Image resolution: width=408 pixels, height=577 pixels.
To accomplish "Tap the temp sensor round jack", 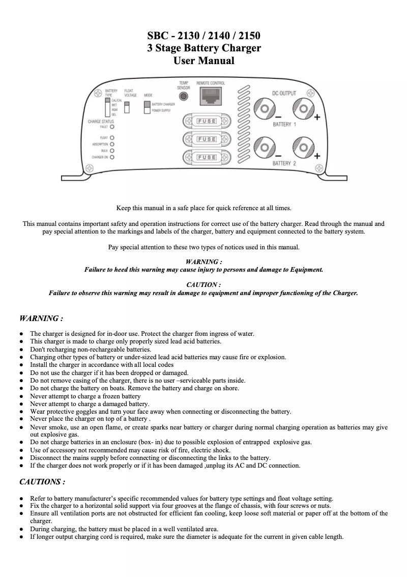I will [184, 96].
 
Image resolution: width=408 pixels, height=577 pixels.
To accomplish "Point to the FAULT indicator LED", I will [111, 127].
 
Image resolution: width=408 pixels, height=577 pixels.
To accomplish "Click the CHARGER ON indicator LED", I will [111, 157].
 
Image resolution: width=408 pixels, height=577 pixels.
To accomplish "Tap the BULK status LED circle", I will [111, 151].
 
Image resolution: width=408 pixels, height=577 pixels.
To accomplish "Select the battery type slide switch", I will [107, 108].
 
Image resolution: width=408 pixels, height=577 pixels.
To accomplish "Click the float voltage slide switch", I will [127, 107].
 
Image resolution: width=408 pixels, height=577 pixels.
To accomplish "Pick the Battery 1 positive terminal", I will [303, 108].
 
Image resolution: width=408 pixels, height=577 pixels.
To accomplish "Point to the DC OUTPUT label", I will [284, 94].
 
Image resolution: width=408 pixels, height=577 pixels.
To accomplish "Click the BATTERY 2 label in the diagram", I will [284, 163].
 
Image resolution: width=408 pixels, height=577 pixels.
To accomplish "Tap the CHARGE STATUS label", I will [101, 122].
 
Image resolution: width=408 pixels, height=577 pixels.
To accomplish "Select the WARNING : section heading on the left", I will [41, 319].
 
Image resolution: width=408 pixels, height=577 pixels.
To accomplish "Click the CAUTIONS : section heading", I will [42, 481].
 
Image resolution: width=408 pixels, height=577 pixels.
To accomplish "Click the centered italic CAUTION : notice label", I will [203, 285].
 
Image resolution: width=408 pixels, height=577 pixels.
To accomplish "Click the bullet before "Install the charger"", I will [21, 365].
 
